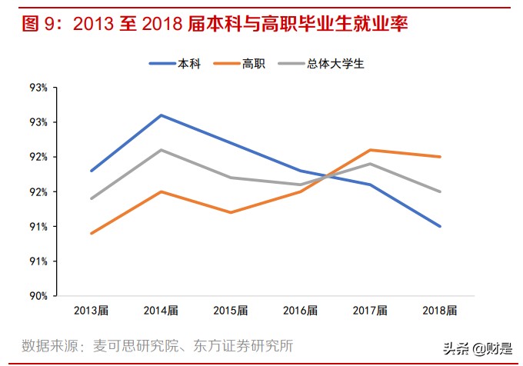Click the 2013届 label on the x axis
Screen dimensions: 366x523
pos(91,311)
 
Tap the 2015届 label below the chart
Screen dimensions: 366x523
pos(230,311)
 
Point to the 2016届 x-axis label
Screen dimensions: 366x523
pos(300,311)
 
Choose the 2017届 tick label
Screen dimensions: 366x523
pos(370,311)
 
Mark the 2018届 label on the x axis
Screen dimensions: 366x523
pos(439,311)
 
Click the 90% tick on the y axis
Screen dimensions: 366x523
pos(38,296)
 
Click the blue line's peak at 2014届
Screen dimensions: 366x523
pos(160,115)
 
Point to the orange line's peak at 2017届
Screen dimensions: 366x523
pos(370,150)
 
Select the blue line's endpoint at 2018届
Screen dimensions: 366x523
pos(440,226)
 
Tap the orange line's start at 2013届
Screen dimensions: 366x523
pos(91,233)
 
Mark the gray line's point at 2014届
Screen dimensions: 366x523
pos(160,150)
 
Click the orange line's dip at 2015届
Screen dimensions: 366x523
pos(230,212)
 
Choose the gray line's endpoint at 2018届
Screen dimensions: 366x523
pos(440,191)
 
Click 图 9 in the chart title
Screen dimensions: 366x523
pos(38,24)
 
